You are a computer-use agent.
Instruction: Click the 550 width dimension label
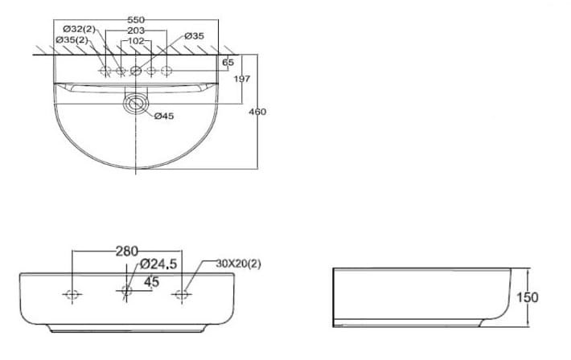(136, 18)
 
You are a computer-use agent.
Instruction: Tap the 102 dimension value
(136, 40)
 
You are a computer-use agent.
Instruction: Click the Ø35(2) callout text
(72, 40)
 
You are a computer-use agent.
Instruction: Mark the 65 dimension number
(228, 63)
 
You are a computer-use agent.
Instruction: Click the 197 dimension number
(242, 79)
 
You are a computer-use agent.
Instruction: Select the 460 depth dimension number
(257, 112)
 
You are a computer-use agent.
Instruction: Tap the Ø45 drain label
(163, 117)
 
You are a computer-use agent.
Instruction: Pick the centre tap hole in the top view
(136, 72)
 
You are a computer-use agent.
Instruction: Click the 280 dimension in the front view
(126, 252)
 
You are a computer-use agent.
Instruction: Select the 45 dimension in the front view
(151, 281)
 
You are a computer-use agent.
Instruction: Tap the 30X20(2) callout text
(238, 264)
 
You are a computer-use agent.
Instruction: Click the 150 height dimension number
(527, 297)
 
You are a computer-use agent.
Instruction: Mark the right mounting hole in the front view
(182, 294)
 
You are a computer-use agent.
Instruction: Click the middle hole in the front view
(126, 292)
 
